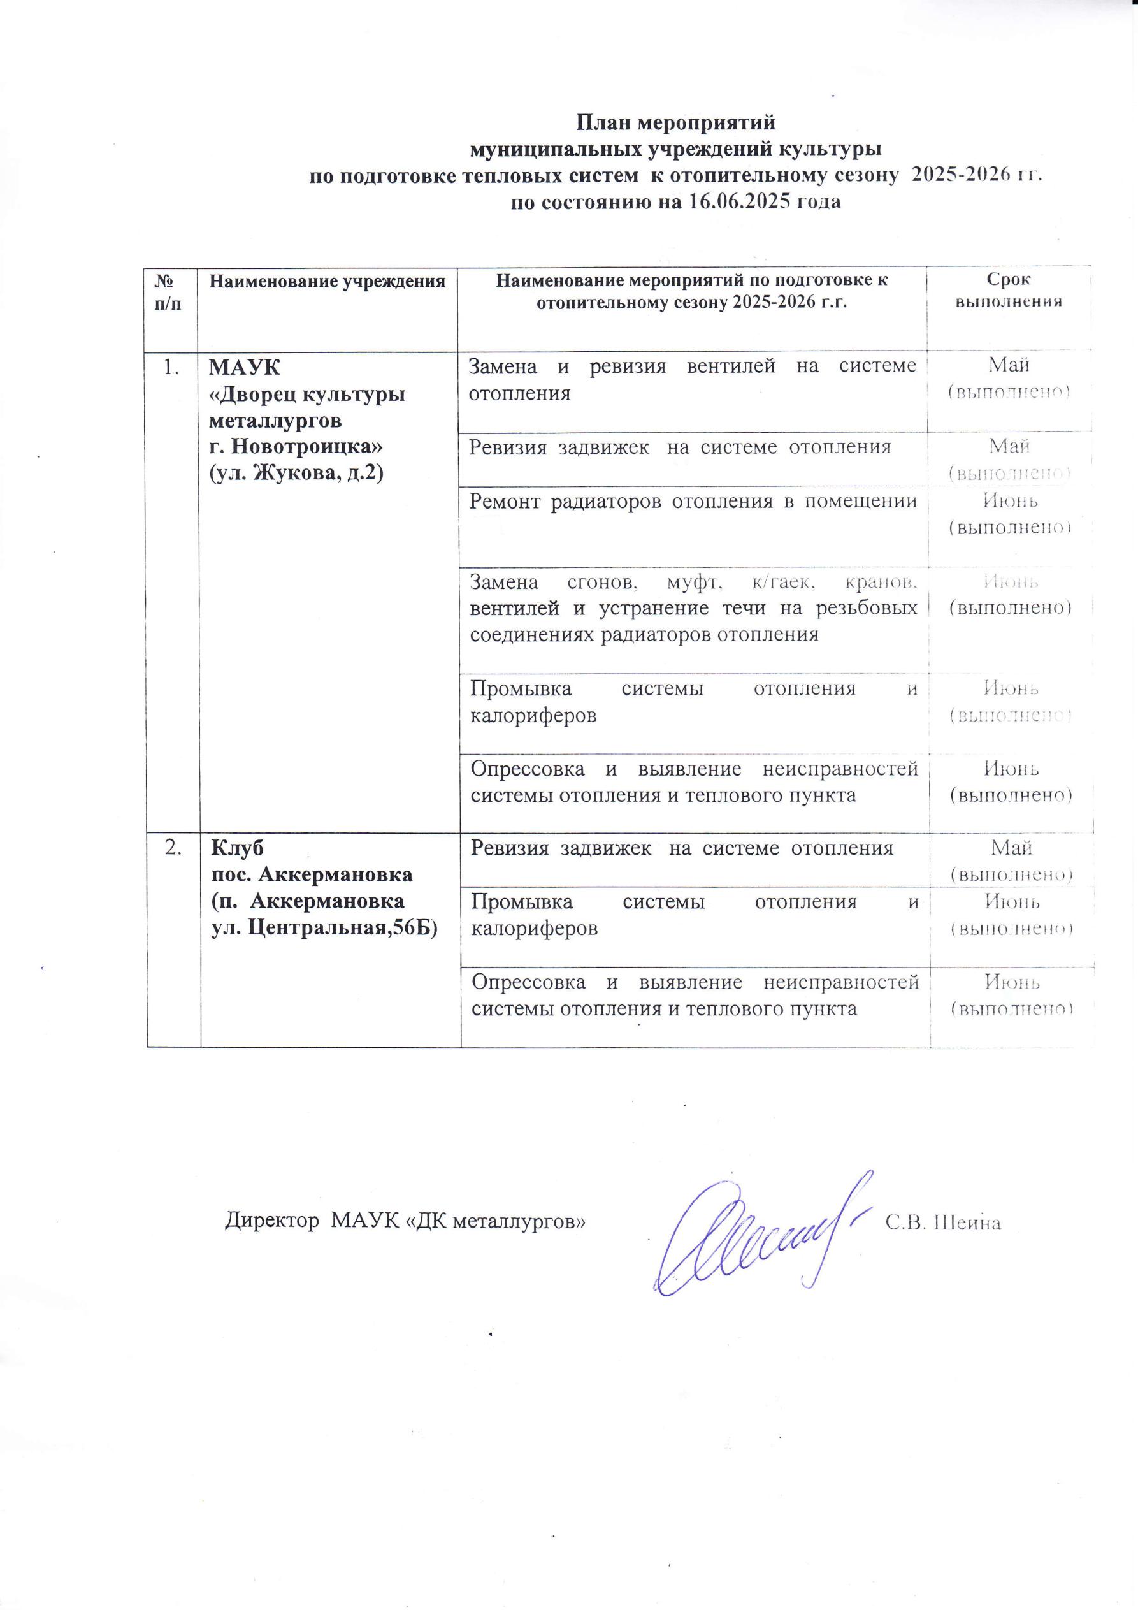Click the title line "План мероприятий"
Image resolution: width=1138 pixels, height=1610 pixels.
tap(675, 123)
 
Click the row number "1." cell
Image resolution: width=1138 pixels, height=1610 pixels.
tap(170, 367)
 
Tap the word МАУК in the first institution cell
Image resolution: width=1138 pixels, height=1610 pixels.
tap(245, 367)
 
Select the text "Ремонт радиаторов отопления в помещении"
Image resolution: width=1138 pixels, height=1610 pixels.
tap(693, 502)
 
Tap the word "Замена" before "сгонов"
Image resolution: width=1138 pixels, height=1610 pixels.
tap(503, 582)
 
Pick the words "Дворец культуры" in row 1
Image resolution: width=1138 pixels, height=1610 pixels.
tap(308, 394)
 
